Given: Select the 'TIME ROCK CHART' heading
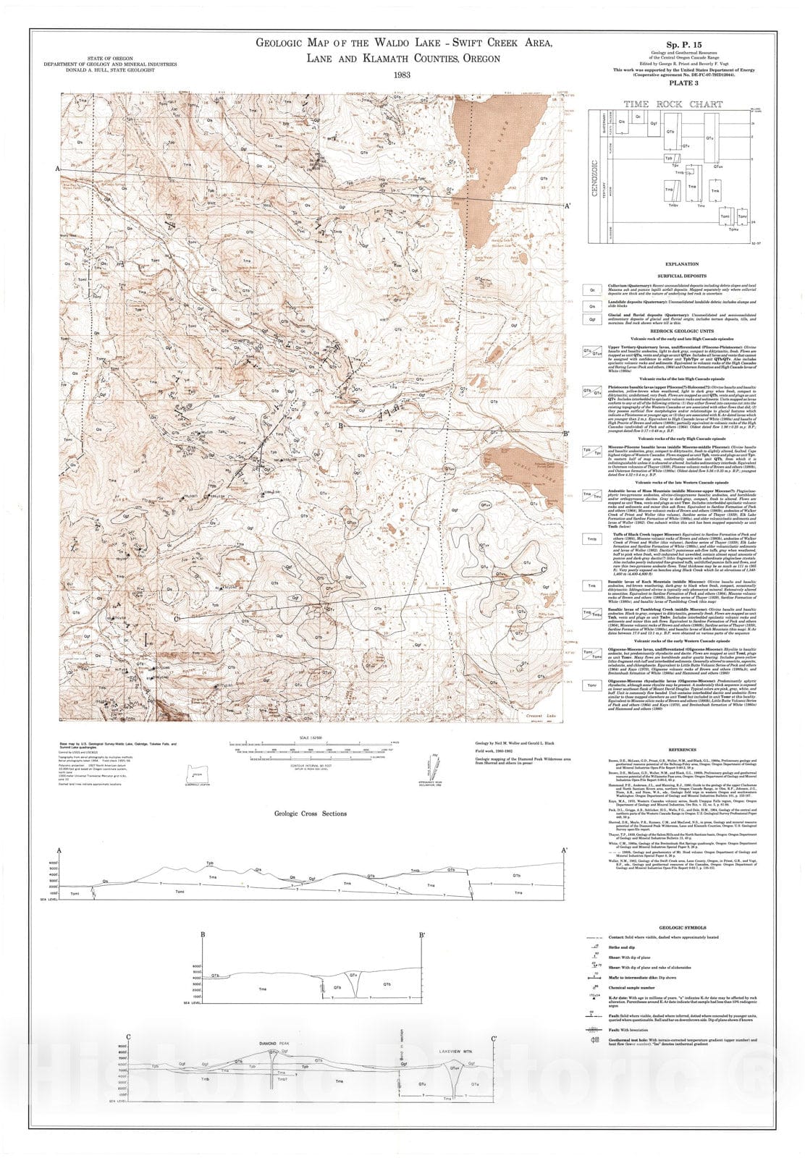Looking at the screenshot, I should (673, 104).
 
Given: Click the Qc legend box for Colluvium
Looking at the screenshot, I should (592, 289).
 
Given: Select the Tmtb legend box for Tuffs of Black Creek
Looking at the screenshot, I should (592, 539).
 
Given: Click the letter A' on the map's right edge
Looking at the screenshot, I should (568, 206).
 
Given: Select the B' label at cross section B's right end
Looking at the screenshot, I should (422, 934).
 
